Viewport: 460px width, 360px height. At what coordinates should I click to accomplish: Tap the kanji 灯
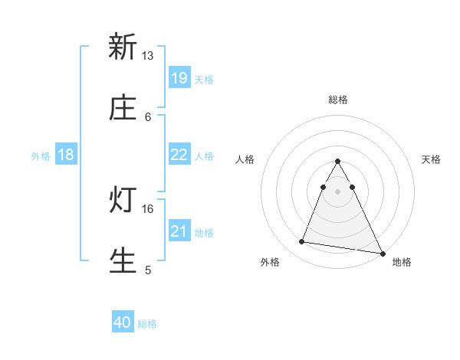click(123, 199)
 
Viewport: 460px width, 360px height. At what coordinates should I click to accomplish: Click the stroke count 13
click(148, 56)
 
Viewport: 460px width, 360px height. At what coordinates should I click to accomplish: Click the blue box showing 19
click(179, 77)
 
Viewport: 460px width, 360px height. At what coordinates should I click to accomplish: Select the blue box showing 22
click(179, 155)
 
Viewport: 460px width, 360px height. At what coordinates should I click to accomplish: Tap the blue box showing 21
click(179, 231)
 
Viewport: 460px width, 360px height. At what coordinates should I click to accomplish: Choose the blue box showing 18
click(66, 155)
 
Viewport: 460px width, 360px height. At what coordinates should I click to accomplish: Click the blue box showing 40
click(123, 322)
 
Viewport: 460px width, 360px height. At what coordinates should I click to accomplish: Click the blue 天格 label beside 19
click(204, 79)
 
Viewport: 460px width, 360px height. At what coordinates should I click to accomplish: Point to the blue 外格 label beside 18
click(41, 156)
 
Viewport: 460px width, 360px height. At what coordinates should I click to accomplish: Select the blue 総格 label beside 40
click(147, 324)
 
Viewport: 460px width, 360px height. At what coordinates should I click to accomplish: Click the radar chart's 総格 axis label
click(337, 100)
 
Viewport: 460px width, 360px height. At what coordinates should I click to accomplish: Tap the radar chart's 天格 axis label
click(432, 159)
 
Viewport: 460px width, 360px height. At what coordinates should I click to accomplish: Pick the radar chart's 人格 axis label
click(245, 159)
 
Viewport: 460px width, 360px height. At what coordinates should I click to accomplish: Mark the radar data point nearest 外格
click(301, 242)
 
